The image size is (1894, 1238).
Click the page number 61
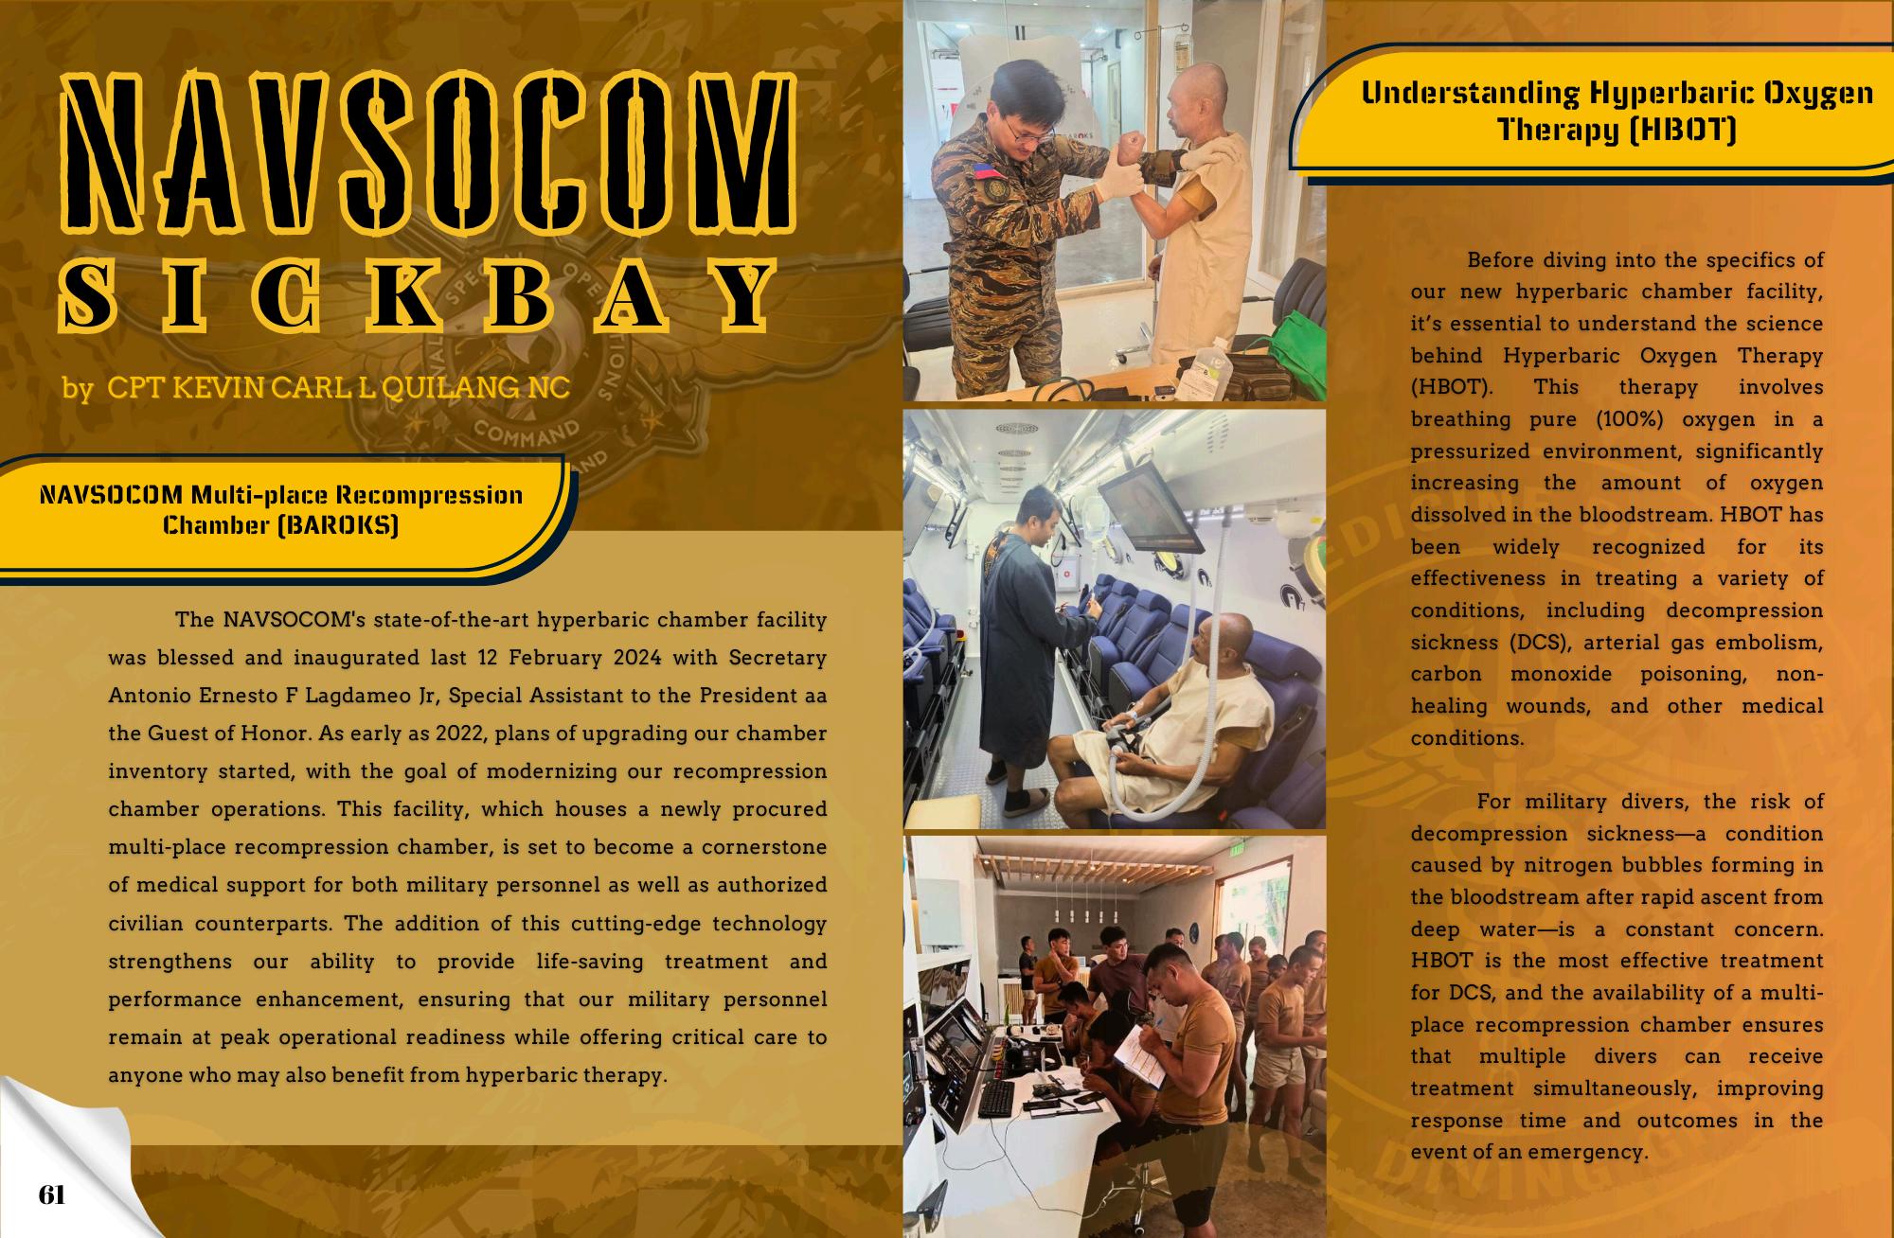click(x=52, y=1195)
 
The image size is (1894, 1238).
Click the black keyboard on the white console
click(x=994, y=1098)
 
